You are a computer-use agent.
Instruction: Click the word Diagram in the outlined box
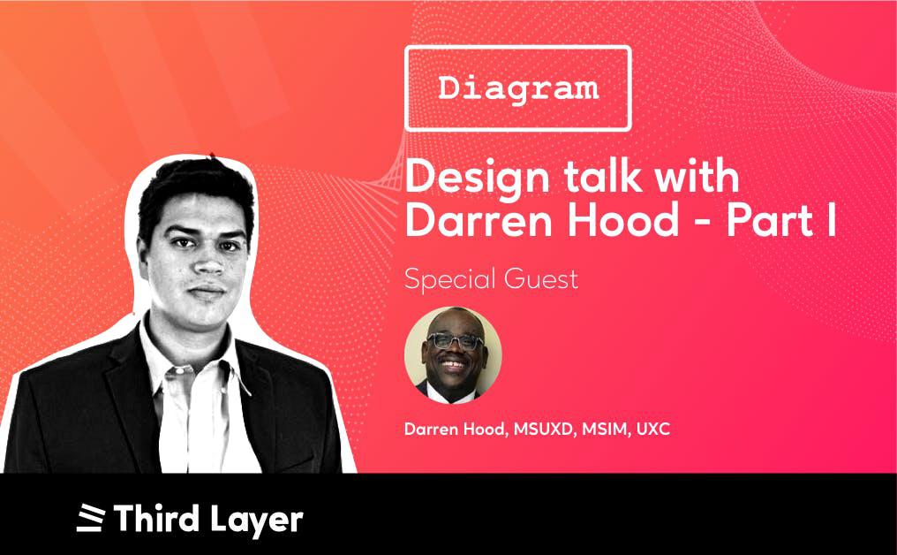tap(518, 89)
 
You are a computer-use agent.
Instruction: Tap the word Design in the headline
tap(477, 179)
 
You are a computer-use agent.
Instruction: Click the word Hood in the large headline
tap(623, 219)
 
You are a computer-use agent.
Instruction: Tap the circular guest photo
tap(453, 355)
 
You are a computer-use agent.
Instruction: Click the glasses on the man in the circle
tap(456, 341)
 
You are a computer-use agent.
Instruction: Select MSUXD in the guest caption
tap(544, 429)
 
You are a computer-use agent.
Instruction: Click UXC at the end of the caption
tap(653, 429)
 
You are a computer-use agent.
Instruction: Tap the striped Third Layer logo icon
tap(91, 518)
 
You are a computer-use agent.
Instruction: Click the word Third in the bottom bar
tap(157, 518)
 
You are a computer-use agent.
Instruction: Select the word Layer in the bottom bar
tap(256, 520)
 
